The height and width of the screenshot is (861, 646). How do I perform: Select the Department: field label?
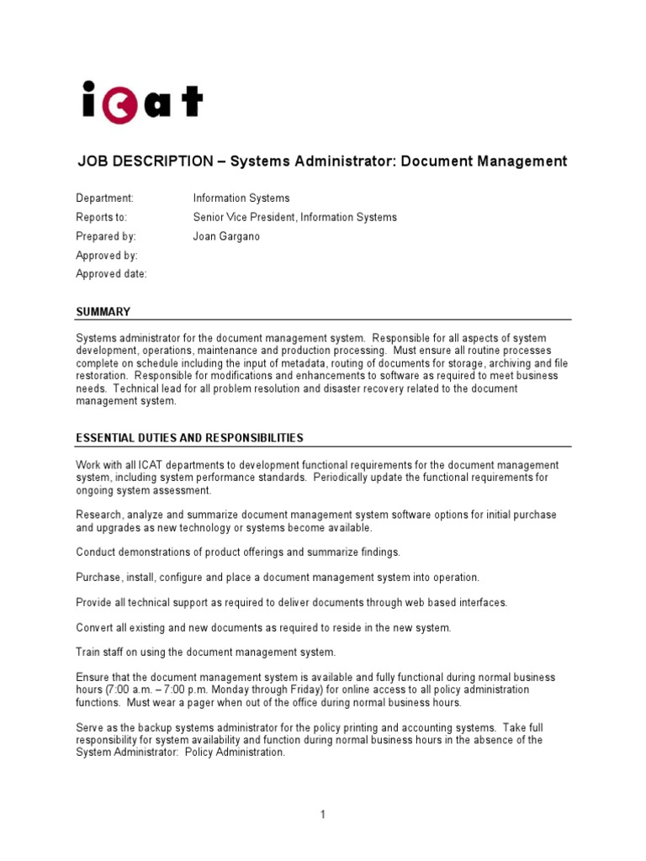(x=104, y=198)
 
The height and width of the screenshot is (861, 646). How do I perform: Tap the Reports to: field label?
(x=103, y=218)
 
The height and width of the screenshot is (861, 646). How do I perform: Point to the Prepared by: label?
(x=105, y=237)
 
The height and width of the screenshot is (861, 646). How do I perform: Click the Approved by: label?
(x=107, y=256)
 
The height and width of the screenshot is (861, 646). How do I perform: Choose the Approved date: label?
(x=111, y=274)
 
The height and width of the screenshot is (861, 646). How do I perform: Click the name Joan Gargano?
(x=226, y=237)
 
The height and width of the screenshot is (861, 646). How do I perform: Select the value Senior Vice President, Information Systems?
(x=294, y=218)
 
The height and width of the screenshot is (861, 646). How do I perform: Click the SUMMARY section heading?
(x=103, y=312)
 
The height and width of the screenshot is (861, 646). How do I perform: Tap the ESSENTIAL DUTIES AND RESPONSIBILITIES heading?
(x=189, y=438)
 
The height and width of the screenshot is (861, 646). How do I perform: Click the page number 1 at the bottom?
(x=322, y=814)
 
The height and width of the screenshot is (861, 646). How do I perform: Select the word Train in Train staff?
(x=88, y=652)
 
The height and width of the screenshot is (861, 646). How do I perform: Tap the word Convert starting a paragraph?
(x=95, y=627)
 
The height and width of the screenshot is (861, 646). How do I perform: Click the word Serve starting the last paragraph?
(x=90, y=727)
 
